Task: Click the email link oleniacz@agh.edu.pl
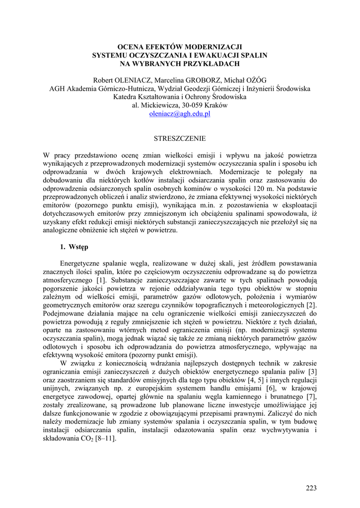click(x=180, y=114)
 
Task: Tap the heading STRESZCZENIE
click(x=180, y=138)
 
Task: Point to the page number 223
click(x=311, y=488)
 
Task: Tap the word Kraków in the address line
click(x=216, y=105)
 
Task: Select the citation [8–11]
click(x=107, y=439)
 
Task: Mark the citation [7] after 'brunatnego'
click(x=312, y=396)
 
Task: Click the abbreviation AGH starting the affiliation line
click(x=57, y=88)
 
